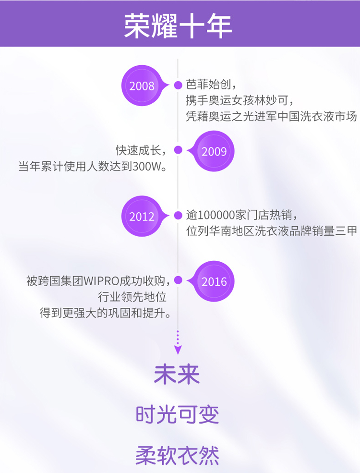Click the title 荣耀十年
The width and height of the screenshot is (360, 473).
coord(178,25)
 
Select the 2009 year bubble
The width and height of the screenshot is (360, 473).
coord(212,151)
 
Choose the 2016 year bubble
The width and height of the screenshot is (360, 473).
coord(212,281)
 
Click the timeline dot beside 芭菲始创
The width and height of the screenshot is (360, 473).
coord(178,85)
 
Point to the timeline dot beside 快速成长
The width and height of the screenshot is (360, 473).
coord(178,150)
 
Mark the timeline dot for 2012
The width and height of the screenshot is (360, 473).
coord(178,216)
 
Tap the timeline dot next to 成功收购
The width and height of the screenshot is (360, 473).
coord(178,280)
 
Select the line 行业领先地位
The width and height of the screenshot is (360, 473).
coord(132,297)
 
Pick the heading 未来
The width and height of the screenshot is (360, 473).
coord(177,375)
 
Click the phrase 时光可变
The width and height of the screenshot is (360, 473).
coord(177,414)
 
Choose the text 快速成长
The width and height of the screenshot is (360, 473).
coord(138,150)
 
